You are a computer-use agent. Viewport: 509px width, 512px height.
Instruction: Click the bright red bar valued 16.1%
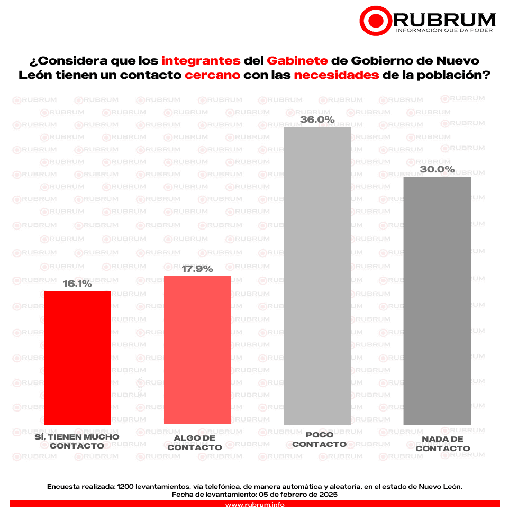click(77, 358)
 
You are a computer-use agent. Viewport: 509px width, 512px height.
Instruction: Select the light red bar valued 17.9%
click(197, 350)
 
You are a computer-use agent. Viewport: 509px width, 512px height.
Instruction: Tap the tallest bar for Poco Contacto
click(317, 275)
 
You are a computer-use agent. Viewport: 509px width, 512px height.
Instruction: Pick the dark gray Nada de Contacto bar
click(437, 300)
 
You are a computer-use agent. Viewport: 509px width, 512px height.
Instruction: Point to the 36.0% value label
click(317, 120)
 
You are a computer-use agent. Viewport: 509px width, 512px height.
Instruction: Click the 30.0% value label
click(437, 169)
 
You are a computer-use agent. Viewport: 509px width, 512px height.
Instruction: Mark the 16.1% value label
click(78, 284)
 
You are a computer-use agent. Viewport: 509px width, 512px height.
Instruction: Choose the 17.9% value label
click(197, 269)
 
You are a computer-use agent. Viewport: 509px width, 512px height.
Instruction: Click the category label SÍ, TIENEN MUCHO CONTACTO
click(77, 441)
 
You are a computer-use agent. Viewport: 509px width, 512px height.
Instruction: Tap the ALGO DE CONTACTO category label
click(198, 443)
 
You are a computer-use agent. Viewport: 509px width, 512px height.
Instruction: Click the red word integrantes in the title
click(201, 59)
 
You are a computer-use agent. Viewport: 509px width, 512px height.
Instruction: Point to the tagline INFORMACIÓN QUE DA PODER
click(444, 30)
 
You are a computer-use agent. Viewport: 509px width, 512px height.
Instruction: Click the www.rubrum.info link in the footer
click(254, 505)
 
